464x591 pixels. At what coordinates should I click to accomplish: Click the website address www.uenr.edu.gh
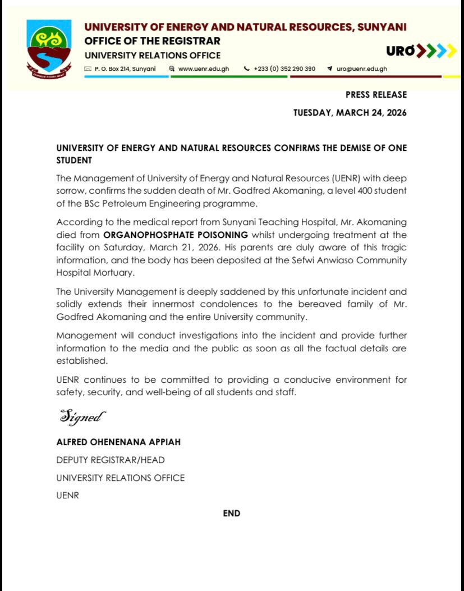pos(203,69)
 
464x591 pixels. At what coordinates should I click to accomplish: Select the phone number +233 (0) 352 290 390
pos(284,69)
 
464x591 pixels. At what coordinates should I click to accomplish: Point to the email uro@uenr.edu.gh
pos(361,69)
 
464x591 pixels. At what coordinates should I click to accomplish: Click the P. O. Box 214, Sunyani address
pos(125,69)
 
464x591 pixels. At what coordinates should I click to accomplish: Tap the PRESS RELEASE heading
pos(376,95)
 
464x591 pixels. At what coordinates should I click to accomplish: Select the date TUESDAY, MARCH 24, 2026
pos(350,113)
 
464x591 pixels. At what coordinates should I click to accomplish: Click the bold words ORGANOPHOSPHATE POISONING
pos(176,235)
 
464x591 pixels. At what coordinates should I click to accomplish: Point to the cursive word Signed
pos(82,417)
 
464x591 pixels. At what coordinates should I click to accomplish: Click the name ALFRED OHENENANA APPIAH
pos(118,442)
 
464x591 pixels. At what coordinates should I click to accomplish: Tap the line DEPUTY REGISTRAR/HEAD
pos(111,460)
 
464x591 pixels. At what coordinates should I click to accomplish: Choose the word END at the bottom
pos(232,514)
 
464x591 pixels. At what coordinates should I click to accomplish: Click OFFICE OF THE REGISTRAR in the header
pos(152,41)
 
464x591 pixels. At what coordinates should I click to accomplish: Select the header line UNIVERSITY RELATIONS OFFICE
pos(152,56)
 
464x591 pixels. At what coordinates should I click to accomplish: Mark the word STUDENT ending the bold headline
pos(73,161)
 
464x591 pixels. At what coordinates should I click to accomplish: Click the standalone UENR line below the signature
pos(67,496)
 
